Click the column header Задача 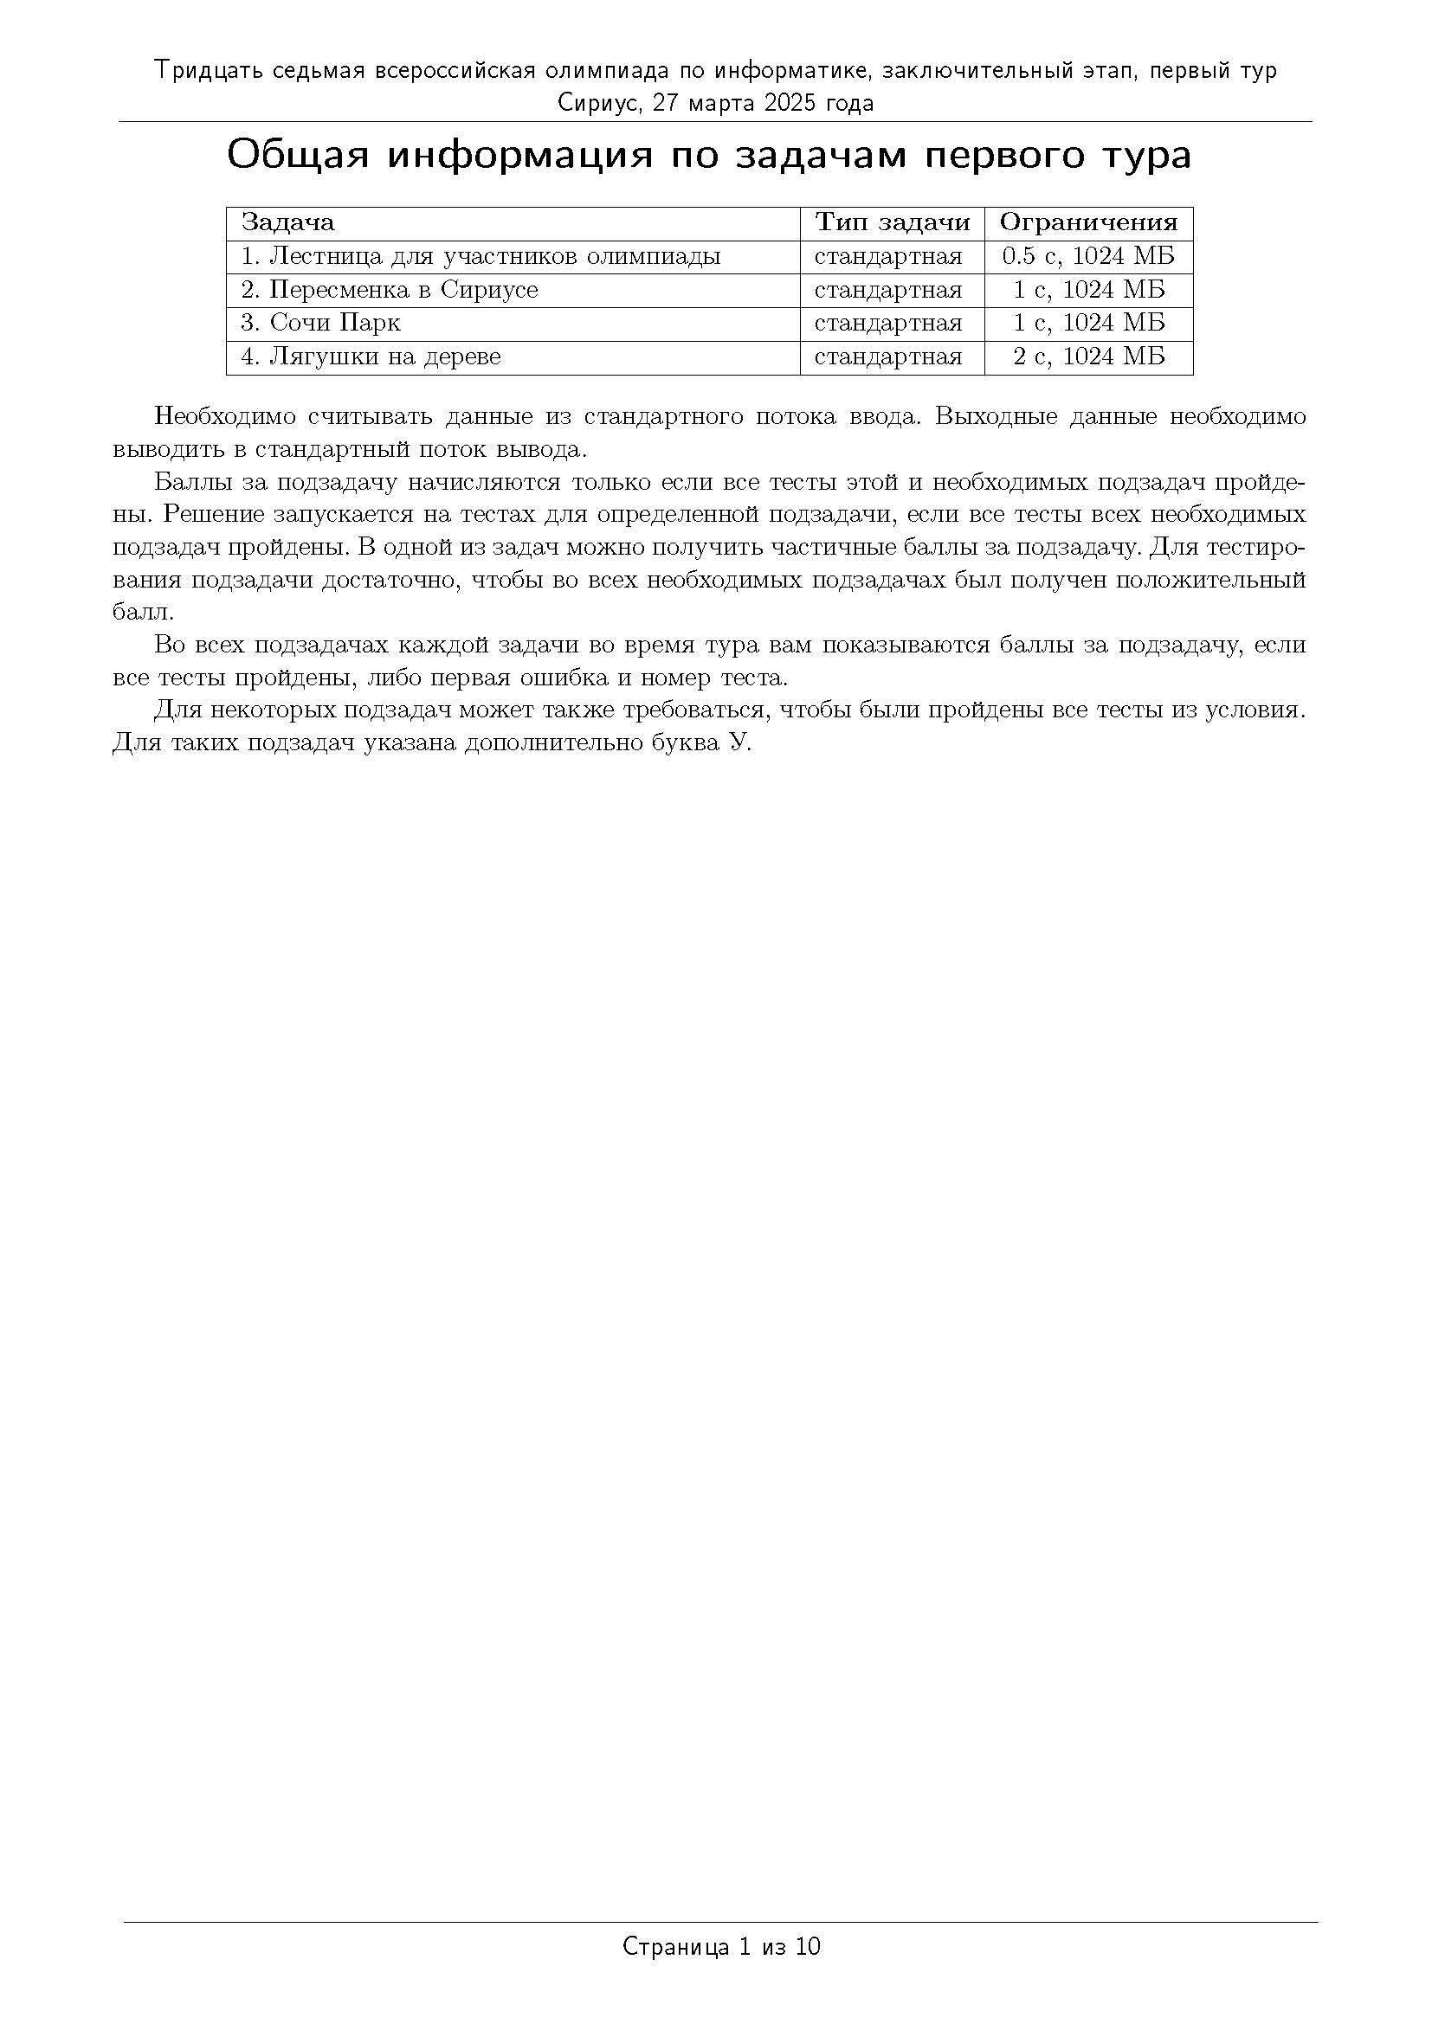point(287,222)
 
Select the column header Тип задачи point(892,222)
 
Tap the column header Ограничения point(1088,222)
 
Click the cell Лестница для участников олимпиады point(481,256)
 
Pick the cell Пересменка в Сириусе point(389,290)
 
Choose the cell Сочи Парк point(320,324)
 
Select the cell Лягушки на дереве point(371,357)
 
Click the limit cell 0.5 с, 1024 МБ point(1088,256)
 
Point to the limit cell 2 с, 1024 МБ point(1088,357)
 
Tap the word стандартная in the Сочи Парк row point(888,324)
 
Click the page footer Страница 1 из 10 point(721,1945)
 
